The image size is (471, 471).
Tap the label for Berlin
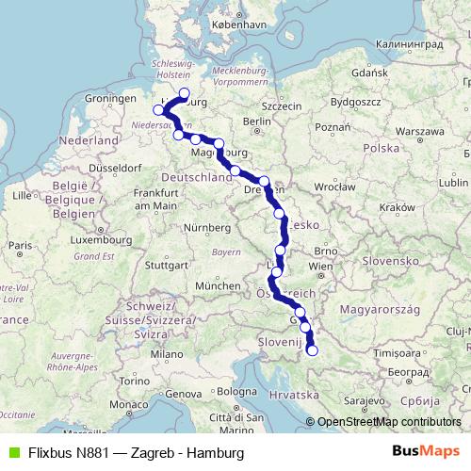point(256,121)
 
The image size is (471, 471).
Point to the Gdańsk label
point(368,72)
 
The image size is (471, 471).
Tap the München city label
point(219,284)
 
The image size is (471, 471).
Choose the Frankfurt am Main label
point(155,199)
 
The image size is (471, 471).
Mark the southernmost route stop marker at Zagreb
point(313,351)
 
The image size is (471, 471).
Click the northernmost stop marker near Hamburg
point(185,93)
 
